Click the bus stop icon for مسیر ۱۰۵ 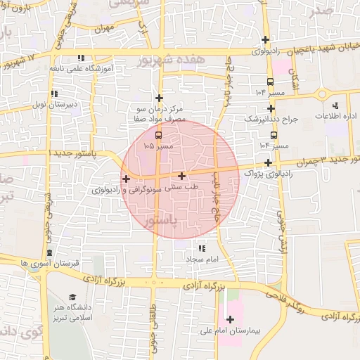click(157, 136)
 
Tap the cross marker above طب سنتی click(182, 176)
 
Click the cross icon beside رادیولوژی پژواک click(269, 162)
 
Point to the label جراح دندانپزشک click(271, 120)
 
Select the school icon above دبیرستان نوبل click(53, 94)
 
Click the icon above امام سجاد click(202, 249)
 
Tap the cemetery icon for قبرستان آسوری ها click(49, 252)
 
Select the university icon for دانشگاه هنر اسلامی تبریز click(72, 298)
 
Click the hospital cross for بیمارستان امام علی click(230, 320)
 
